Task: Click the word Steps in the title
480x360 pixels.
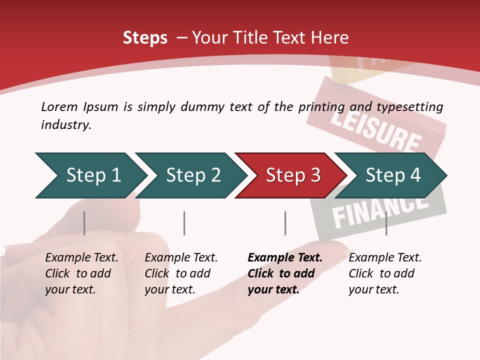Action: click(145, 38)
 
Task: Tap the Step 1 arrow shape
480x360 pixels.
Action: click(90, 175)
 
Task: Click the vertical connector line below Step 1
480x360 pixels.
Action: click(84, 223)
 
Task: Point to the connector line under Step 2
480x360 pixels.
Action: click(184, 223)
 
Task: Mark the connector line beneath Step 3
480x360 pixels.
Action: click(285, 223)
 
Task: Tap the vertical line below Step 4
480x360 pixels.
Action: click(386, 223)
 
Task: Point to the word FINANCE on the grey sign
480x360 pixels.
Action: click(380, 209)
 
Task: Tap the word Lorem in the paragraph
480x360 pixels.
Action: click(59, 107)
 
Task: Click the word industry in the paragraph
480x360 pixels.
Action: click(65, 124)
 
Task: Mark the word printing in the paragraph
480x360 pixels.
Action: click(321, 107)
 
